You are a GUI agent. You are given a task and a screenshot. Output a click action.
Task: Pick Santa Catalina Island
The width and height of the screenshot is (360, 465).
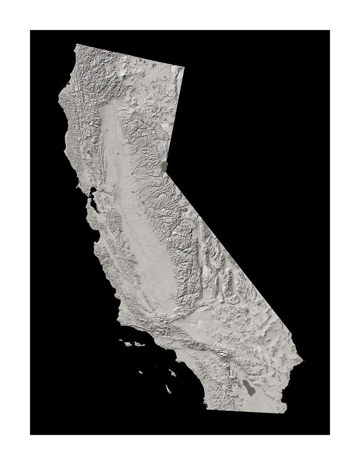(x=173, y=373)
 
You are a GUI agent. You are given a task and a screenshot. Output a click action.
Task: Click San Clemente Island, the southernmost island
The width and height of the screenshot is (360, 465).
(x=168, y=389)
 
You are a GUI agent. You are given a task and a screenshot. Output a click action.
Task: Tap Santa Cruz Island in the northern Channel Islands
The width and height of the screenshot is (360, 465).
(x=138, y=345)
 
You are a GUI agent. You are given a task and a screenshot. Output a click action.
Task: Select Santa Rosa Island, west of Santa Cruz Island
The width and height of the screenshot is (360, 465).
(x=128, y=344)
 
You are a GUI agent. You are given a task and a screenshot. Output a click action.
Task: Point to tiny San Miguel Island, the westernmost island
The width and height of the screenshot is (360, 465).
(x=121, y=340)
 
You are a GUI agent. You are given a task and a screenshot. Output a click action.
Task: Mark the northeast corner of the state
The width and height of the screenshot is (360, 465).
(x=184, y=67)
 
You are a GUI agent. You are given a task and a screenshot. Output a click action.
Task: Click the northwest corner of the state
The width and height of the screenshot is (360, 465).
(x=76, y=44)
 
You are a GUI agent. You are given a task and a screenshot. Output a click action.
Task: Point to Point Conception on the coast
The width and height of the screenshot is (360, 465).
(x=119, y=323)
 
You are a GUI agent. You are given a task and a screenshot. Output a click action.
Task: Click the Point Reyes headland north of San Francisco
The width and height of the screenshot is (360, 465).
(x=78, y=186)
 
